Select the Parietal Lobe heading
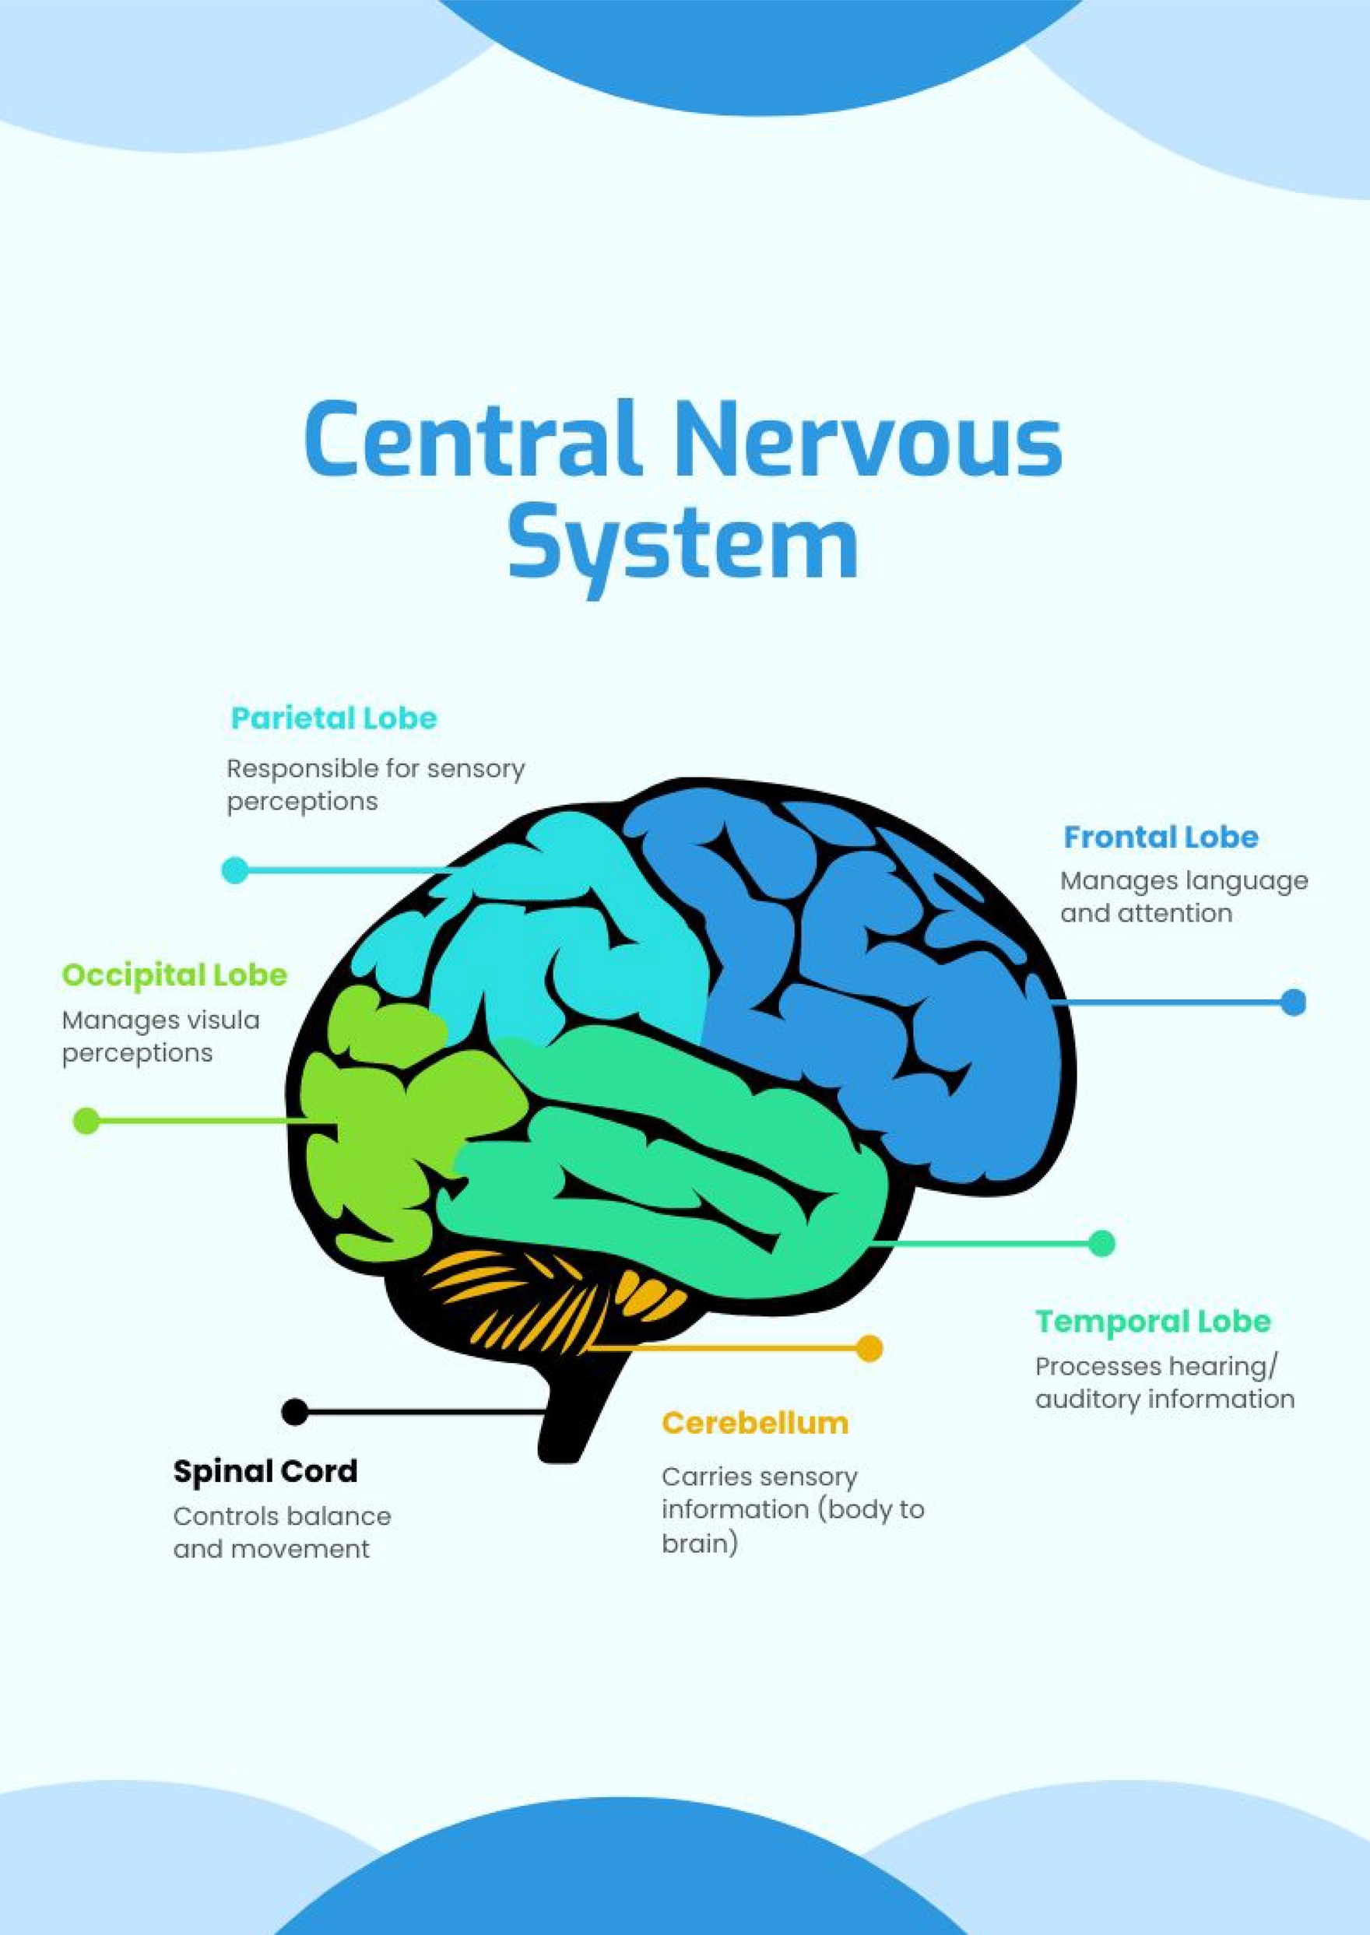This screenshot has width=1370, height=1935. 334,718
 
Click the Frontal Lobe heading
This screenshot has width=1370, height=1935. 1161,837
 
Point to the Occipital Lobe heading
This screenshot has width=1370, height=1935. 174,975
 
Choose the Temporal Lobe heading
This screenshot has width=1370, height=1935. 1152,1321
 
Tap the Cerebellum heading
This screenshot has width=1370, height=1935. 755,1423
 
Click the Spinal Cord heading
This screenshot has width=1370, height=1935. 265,1471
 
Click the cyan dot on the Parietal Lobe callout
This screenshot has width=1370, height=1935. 234,869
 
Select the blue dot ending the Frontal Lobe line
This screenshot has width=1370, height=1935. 1292,1002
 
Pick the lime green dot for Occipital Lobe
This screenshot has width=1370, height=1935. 86,1121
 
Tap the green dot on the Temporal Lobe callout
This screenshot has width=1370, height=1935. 1101,1243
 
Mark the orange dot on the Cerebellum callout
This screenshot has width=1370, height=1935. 869,1348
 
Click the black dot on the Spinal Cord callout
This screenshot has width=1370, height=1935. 294,1411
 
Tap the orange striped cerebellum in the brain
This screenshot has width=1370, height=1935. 540,1299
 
